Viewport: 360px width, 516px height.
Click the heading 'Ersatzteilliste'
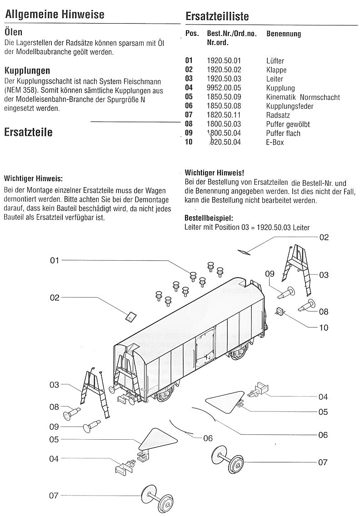click(217, 16)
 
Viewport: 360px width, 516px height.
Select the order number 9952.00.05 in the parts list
click(224, 88)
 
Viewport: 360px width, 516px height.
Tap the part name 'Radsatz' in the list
click(278, 115)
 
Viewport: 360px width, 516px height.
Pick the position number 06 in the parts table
click(189, 106)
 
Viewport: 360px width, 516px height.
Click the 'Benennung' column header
click(284, 34)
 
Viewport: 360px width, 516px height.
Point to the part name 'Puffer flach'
click(283, 133)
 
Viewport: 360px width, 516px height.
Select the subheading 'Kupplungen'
click(27, 71)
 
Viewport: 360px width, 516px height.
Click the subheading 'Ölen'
click(14, 32)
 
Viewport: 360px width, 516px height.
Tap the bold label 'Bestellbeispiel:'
click(209, 218)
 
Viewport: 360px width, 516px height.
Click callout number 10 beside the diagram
click(324, 327)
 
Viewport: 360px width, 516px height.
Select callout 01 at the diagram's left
click(55, 260)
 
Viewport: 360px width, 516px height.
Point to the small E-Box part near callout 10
click(280, 311)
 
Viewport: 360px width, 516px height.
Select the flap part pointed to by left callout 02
click(131, 316)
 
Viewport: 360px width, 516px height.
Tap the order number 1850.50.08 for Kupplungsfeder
click(224, 106)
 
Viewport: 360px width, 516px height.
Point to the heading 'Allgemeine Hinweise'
click(55, 14)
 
